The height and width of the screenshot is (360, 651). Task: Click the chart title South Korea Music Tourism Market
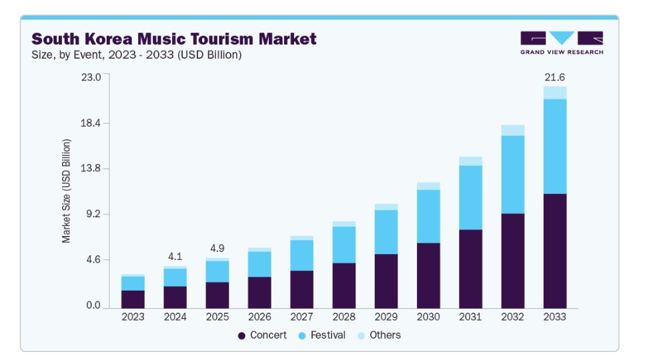pyautogui.click(x=173, y=39)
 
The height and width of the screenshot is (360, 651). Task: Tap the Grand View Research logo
pyautogui.click(x=562, y=43)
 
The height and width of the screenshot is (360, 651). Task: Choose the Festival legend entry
pyautogui.click(x=321, y=335)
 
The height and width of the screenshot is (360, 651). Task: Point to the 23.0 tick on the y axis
pyautogui.click(x=91, y=77)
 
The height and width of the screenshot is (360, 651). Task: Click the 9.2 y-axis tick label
pyautogui.click(x=92, y=214)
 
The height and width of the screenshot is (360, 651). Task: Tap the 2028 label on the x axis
pyautogui.click(x=344, y=317)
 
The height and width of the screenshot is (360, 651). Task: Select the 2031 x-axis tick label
pyautogui.click(x=470, y=317)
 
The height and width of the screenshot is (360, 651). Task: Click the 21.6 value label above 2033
pyautogui.click(x=555, y=77)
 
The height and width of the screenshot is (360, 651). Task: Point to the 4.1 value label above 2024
pyautogui.click(x=175, y=256)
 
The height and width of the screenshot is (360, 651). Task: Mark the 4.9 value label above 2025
pyautogui.click(x=217, y=248)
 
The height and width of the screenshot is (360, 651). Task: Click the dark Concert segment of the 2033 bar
pyautogui.click(x=555, y=251)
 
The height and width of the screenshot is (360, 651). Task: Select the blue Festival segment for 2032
pyautogui.click(x=512, y=174)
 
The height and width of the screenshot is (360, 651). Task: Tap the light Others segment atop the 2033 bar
pyautogui.click(x=555, y=93)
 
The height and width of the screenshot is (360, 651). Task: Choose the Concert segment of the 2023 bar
pyautogui.click(x=133, y=299)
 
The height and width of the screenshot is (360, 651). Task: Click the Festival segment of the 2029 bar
pyautogui.click(x=386, y=232)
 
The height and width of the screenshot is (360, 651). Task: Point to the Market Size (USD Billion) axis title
pyautogui.click(x=67, y=191)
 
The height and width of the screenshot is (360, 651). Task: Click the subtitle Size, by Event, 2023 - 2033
pyautogui.click(x=136, y=55)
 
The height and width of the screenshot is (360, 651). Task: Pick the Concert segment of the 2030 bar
pyautogui.click(x=428, y=275)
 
